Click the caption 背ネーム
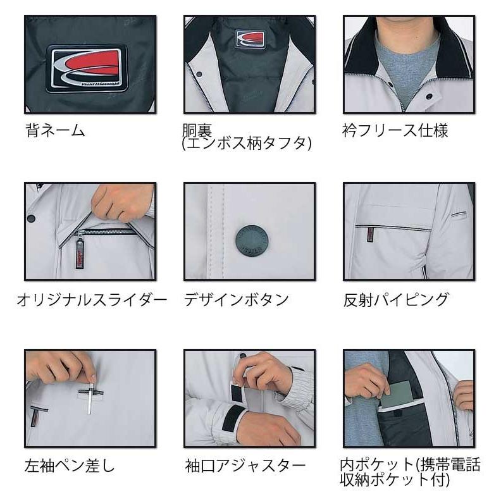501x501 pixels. [56, 131]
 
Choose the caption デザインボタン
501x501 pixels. [236, 299]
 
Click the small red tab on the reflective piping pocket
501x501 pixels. [368, 235]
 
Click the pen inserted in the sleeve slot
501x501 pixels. [90, 397]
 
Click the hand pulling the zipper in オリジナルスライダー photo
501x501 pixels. [120, 201]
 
